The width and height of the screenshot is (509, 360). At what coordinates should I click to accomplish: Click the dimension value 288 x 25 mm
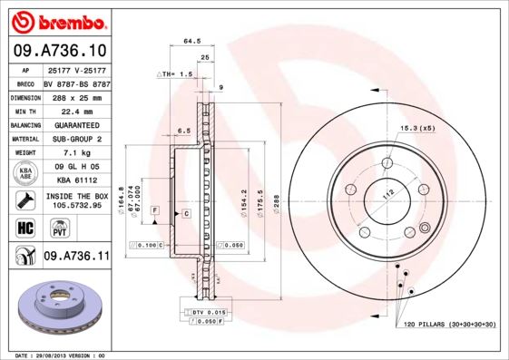click(76, 96)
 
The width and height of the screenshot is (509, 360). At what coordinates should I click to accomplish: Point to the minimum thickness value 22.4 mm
click(76, 110)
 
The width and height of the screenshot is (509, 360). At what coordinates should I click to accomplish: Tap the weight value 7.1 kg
click(76, 153)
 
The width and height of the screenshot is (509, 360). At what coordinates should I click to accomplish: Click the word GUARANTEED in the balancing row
click(76, 124)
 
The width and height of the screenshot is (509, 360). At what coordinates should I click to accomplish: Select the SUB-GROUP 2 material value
click(76, 139)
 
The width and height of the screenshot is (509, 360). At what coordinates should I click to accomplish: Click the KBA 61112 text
click(76, 181)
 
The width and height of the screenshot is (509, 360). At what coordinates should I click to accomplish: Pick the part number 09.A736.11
click(76, 258)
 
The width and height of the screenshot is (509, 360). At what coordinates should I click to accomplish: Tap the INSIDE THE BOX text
click(76, 195)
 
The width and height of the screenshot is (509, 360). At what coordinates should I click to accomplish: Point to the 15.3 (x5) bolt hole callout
click(417, 129)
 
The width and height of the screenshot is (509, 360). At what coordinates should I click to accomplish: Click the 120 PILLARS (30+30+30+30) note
click(444, 323)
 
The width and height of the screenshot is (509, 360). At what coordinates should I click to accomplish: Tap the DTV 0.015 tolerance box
click(208, 312)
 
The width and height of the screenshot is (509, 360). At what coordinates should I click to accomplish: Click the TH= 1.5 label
click(177, 73)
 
